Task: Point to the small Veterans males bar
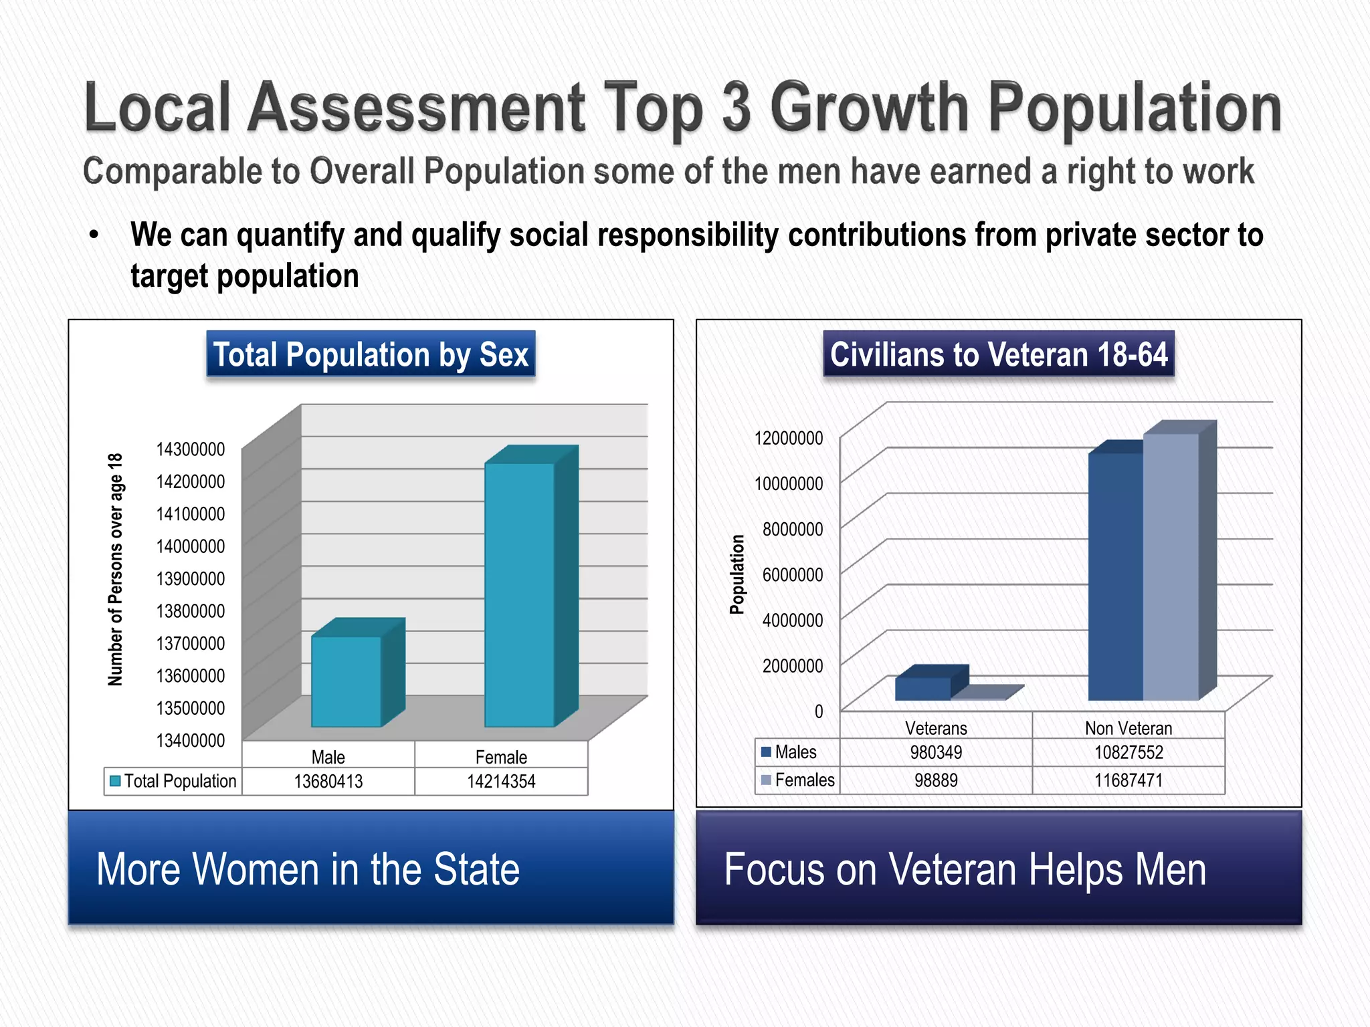[x=922, y=689]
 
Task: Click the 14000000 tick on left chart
[x=191, y=546]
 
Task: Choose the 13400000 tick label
[x=191, y=740]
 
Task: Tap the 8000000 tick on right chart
[x=792, y=529]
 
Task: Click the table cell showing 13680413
[x=328, y=781]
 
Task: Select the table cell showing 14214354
[x=501, y=781]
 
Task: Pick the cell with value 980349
[x=936, y=752]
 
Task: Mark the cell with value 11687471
[x=1129, y=780]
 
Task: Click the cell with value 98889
[x=936, y=780]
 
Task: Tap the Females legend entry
[x=798, y=780]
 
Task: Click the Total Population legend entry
[x=173, y=781]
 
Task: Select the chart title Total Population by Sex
[x=371, y=354]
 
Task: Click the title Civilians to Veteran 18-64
[x=999, y=354]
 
